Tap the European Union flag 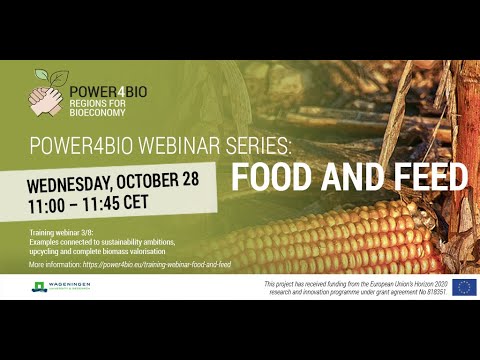(464, 288)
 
